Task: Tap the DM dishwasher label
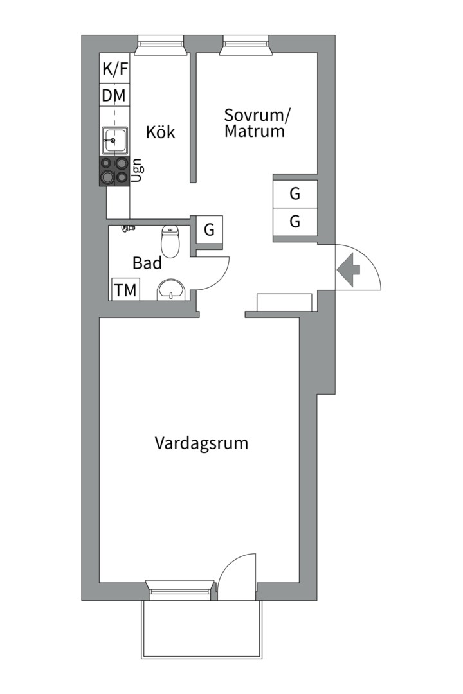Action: [114, 96]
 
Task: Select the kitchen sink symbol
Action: [114, 138]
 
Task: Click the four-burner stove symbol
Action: [113, 171]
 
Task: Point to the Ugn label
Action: [137, 170]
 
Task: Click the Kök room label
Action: [160, 132]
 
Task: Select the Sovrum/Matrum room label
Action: [257, 123]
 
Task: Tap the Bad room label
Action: [147, 263]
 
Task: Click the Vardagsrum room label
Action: [201, 443]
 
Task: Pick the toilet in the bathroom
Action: [170, 240]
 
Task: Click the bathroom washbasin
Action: [171, 289]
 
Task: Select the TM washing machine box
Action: [125, 290]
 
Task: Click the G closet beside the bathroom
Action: [209, 229]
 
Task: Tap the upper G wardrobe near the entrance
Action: [295, 192]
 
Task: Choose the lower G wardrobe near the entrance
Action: [295, 222]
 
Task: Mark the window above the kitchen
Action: [160, 44]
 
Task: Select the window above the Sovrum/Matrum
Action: [246, 44]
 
